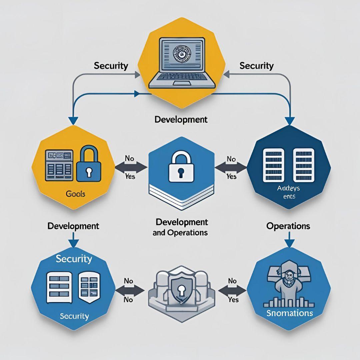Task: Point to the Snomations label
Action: coord(290,313)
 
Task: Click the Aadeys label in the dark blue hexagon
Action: coord(288,188)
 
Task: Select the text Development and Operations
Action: coord(181,227)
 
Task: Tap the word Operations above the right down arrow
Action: coord(288,226)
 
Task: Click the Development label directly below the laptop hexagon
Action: coord(181,119)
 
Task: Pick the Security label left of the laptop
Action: coord(111,65)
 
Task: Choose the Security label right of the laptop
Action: coord(256,65)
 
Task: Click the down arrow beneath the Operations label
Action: coord(289,241)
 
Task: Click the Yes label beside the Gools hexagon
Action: coord(130,176)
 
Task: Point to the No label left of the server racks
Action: coord(231,159)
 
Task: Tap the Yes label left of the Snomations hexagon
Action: coord(233,300)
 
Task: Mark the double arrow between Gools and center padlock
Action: coord(131,167)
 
